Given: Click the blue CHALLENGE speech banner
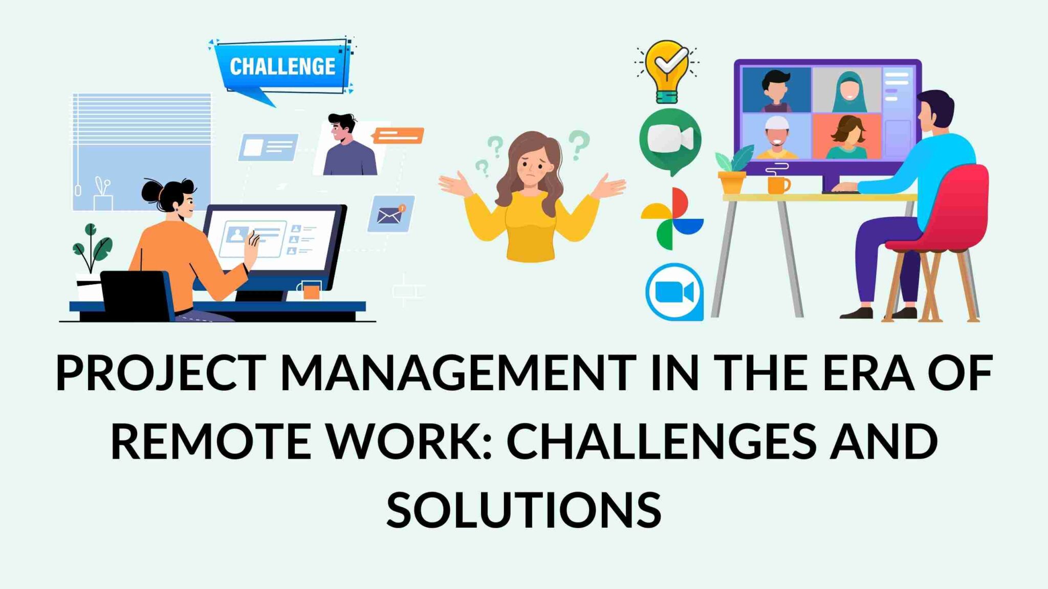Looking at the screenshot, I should [282, 67].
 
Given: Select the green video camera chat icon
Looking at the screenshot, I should [670, 139].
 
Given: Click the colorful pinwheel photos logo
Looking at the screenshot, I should [672, 219].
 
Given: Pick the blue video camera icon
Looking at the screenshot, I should [674, 292].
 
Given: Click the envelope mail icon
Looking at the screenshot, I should [391, 214].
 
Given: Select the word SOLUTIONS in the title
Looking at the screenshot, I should [524, 509].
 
